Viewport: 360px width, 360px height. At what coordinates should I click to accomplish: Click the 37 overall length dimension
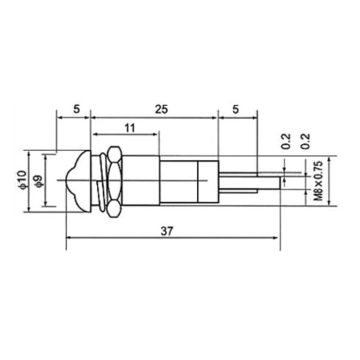tap(167, 231)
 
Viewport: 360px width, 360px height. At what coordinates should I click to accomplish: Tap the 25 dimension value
tap(162, 109)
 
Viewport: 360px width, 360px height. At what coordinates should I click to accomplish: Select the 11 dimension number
tap(130, 128)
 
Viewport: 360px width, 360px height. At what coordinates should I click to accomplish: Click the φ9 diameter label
tap(39, 181)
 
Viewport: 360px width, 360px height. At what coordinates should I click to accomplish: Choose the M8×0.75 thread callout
tap(318, 181)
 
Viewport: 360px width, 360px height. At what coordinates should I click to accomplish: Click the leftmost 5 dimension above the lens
tap(76, 109)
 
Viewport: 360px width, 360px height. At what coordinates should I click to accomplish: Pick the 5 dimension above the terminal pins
tap(235, 109)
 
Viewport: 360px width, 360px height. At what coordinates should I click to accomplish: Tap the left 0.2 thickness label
tap(286, 141)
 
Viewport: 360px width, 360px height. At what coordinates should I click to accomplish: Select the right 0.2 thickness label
tap(306, 141)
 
